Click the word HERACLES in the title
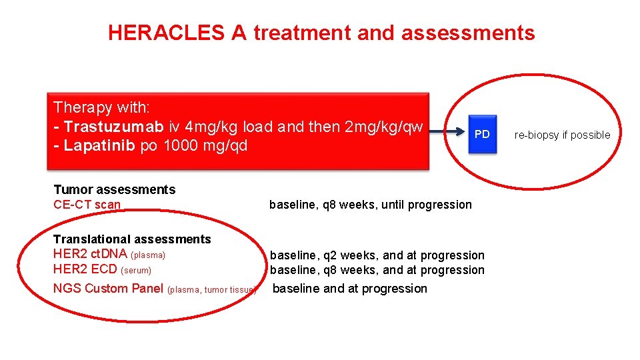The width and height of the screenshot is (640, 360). [166, 33]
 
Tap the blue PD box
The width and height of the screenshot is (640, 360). [481, 134]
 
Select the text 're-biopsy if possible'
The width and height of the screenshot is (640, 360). [562, 135]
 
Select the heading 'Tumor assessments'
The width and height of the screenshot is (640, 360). [114, 189]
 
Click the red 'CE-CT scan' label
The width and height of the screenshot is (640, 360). [87, 205]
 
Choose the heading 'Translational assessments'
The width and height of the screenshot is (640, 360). [132, 239]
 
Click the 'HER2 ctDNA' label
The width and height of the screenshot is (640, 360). [90, 254]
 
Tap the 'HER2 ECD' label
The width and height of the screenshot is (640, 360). [85, 269]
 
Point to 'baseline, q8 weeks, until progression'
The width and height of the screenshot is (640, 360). [370, 205]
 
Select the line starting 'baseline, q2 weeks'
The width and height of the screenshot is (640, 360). [377, 255]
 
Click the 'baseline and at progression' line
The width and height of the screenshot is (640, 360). [350, 289]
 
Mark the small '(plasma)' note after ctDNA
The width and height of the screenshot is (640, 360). [148, 255]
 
